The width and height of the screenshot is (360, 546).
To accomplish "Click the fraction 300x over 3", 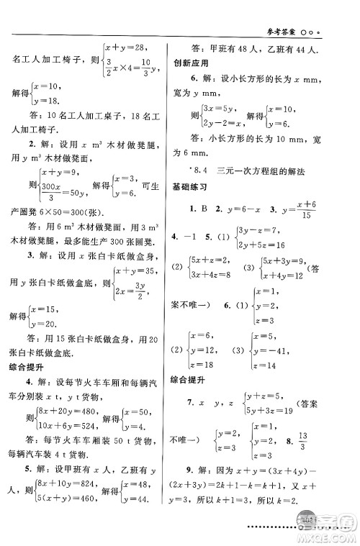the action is click(x=51, y=187).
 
